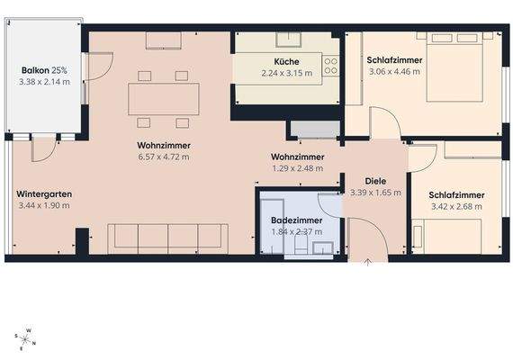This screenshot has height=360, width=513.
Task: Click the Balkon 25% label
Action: click(x=43, y=69)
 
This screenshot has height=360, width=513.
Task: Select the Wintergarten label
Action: click(x=44, y=194)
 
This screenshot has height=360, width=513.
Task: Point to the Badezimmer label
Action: click(x=297, y=220)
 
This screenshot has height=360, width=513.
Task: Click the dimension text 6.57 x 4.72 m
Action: click(x=162, y=157)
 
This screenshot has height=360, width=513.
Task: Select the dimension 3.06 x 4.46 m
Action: click(x=393, y=72)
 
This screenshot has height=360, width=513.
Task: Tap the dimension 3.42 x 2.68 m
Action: click(x=457, y=207)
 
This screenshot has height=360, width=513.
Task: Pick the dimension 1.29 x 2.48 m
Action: click(x=298, y=168)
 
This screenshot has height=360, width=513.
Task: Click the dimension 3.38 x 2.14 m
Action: click(x=43, y=82)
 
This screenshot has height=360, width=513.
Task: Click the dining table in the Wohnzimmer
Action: click(x=164, y=97)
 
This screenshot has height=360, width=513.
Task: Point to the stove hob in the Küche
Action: click(x=330, y=66)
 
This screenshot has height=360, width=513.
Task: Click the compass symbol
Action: click(x=26, y=338)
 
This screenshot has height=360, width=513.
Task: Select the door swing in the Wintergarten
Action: click(x=42, y=148)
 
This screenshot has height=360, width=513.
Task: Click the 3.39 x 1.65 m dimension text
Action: click(x=372, y=193)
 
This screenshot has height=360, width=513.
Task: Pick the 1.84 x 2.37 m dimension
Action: click(x=297, y=231)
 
